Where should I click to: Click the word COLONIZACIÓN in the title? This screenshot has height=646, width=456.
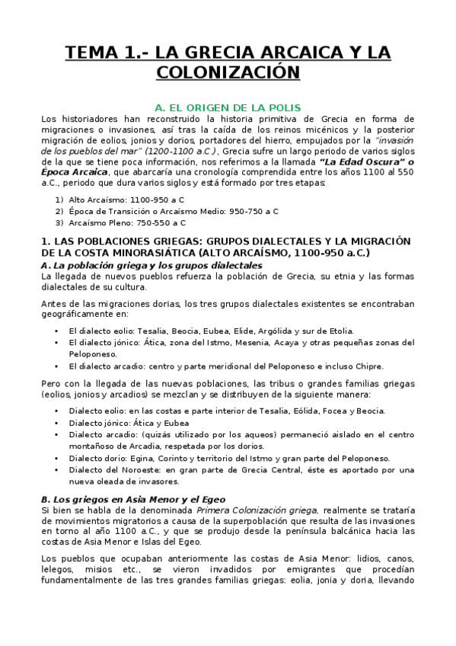(x=228, y=72)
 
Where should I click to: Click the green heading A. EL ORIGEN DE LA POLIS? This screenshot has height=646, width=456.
(x=228, y=107)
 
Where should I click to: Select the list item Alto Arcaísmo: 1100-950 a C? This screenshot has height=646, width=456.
(x=126, y=200)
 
